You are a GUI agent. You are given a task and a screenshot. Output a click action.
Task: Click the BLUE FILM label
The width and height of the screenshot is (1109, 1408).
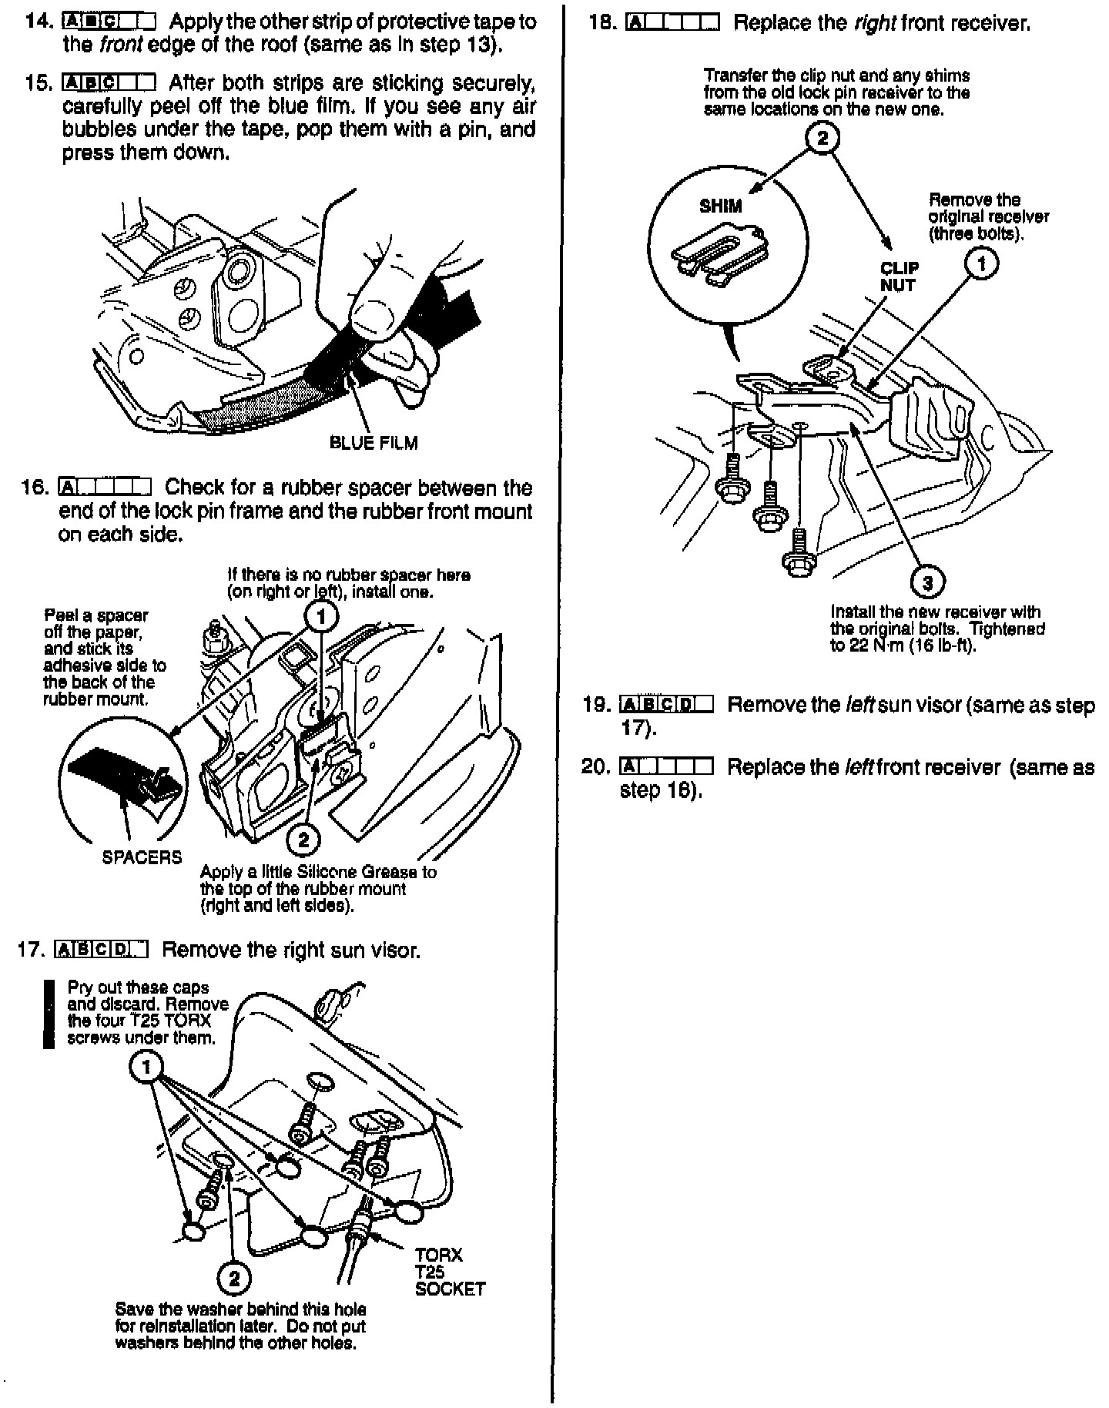(374, 443)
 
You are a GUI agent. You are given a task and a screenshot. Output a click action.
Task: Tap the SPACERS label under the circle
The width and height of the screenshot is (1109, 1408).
(142, 857)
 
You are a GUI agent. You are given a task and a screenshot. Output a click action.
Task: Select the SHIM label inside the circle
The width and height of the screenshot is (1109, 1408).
(721, 206)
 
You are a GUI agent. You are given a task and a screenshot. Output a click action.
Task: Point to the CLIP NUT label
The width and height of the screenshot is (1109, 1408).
(899, 277)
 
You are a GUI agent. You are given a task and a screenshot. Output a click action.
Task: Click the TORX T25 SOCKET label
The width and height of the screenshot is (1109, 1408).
(450, 1272)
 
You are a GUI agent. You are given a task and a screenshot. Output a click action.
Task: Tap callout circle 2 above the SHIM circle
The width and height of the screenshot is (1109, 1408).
(823, 139)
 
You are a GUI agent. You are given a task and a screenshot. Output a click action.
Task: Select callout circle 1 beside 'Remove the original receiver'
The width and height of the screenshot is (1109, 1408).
(982, 264)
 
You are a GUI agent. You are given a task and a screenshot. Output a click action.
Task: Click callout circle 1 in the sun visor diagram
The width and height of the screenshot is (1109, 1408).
(146, 1067)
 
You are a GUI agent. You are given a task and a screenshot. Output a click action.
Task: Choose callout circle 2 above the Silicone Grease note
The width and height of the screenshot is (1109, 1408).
(303, 840)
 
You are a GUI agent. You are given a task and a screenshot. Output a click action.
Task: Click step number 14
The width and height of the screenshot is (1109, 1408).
(38, 21)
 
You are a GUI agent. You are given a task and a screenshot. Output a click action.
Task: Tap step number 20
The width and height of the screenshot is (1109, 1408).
(595, 767)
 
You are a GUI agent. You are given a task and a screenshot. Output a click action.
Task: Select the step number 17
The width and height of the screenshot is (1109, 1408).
(32, 950)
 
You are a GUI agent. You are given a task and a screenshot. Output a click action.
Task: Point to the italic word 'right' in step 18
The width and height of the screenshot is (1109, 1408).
(874, 23)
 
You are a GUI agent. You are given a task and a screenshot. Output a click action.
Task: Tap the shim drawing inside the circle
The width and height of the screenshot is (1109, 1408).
(720, 250)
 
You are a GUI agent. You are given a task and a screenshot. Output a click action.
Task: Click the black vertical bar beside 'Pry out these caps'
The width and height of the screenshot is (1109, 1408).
(49, 1014)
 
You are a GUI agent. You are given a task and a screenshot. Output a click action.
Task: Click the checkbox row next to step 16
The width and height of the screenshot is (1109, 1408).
(104, 488)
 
